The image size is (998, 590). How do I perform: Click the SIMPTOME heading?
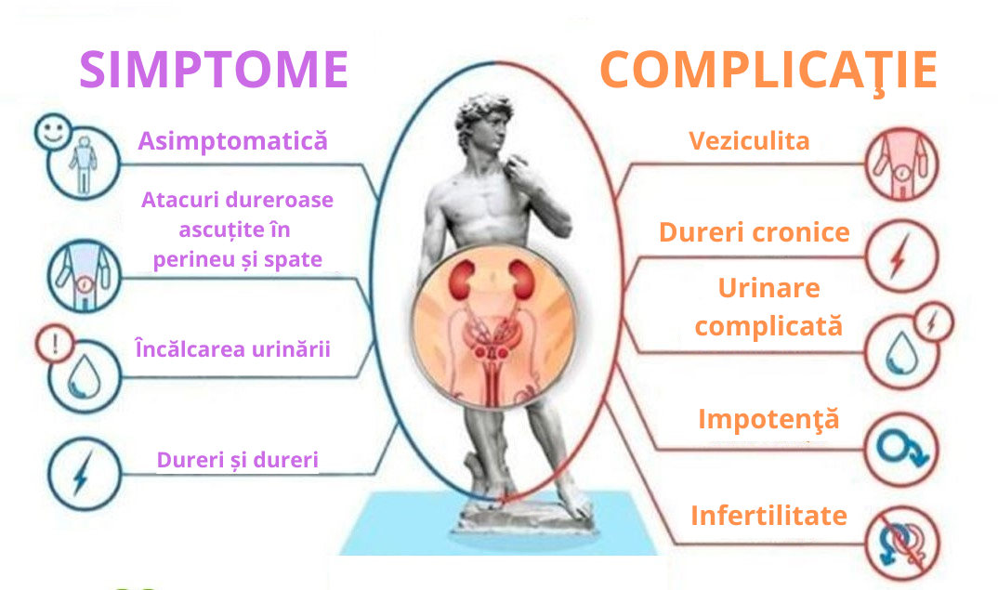(x=214, y=69)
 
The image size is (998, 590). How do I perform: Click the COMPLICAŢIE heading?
(x=768, y=70)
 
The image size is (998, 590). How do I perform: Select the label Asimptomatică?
(x=233, y=140)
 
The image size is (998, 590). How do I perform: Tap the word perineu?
(x=186, y=259)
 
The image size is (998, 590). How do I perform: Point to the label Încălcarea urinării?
(x=233, y=348)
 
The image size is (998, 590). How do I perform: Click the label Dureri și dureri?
(x=237, y=460)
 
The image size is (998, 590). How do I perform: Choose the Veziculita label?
(x=749, y=140)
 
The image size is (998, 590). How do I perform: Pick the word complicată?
(x=768, y=326)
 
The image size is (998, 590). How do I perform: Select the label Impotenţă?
(x=768, y=419)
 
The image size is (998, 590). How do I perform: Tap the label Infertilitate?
(x=768, y=516)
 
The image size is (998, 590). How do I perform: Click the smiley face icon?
(x=54, y=132)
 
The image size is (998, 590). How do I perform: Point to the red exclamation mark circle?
(x=55, y=345)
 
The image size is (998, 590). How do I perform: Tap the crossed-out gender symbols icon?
(x=902, y=544)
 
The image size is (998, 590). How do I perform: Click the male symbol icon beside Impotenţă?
(x=901, y=449)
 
